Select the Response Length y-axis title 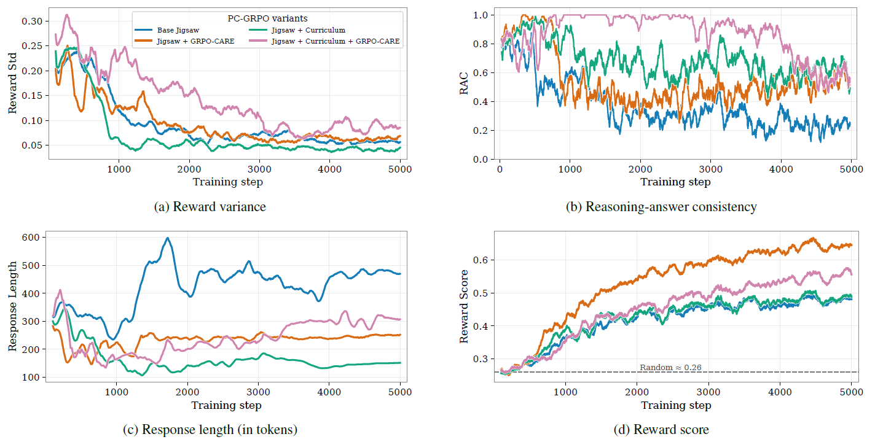click(x=13, y=307)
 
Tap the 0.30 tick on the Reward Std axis click(x=33, y=21)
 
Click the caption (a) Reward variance click(x=210, y=207)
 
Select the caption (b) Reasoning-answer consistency click(x=661, y=207)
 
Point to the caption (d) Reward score click(x=661, y=430)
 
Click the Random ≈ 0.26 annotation click(x=670, y=367)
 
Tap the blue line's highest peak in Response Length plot click(x=168, y=238)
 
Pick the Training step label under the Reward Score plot click(x=676, y=405)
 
